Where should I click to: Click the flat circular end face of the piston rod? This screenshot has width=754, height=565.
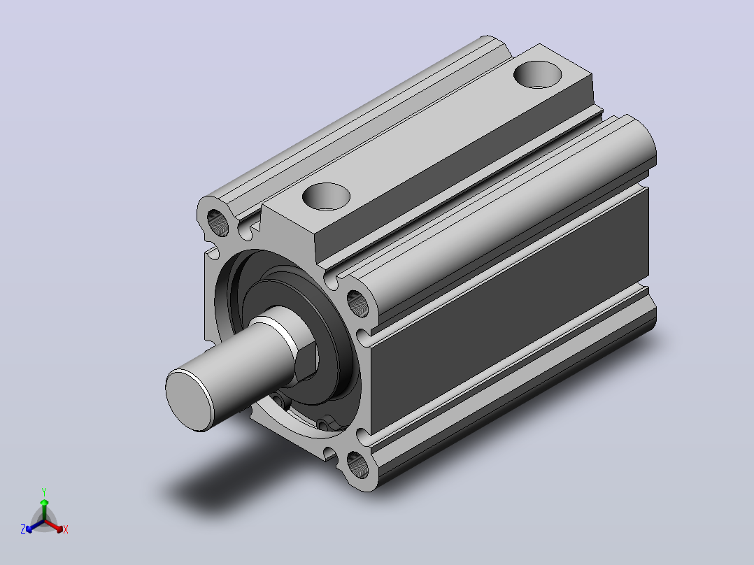[189, 400]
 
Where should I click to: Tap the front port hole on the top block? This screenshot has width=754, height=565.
[326, 196]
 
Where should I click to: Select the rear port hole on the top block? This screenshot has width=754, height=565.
[538, 75]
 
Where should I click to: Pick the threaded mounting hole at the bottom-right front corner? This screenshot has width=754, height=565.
[357, 465]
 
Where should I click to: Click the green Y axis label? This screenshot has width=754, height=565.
[44, 492]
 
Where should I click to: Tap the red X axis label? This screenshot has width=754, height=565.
[66, 529]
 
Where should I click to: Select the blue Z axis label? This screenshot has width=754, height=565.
[23, 529]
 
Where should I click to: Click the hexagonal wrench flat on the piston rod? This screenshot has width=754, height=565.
[306, 362]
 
